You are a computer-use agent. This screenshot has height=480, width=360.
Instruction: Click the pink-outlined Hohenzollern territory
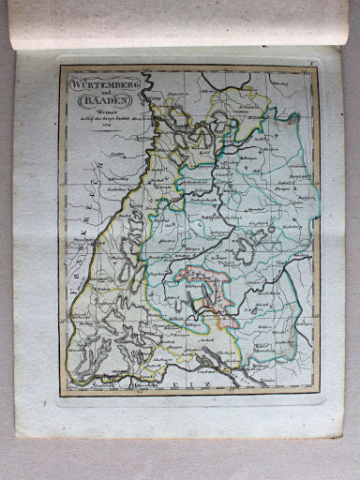point(202,282)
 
